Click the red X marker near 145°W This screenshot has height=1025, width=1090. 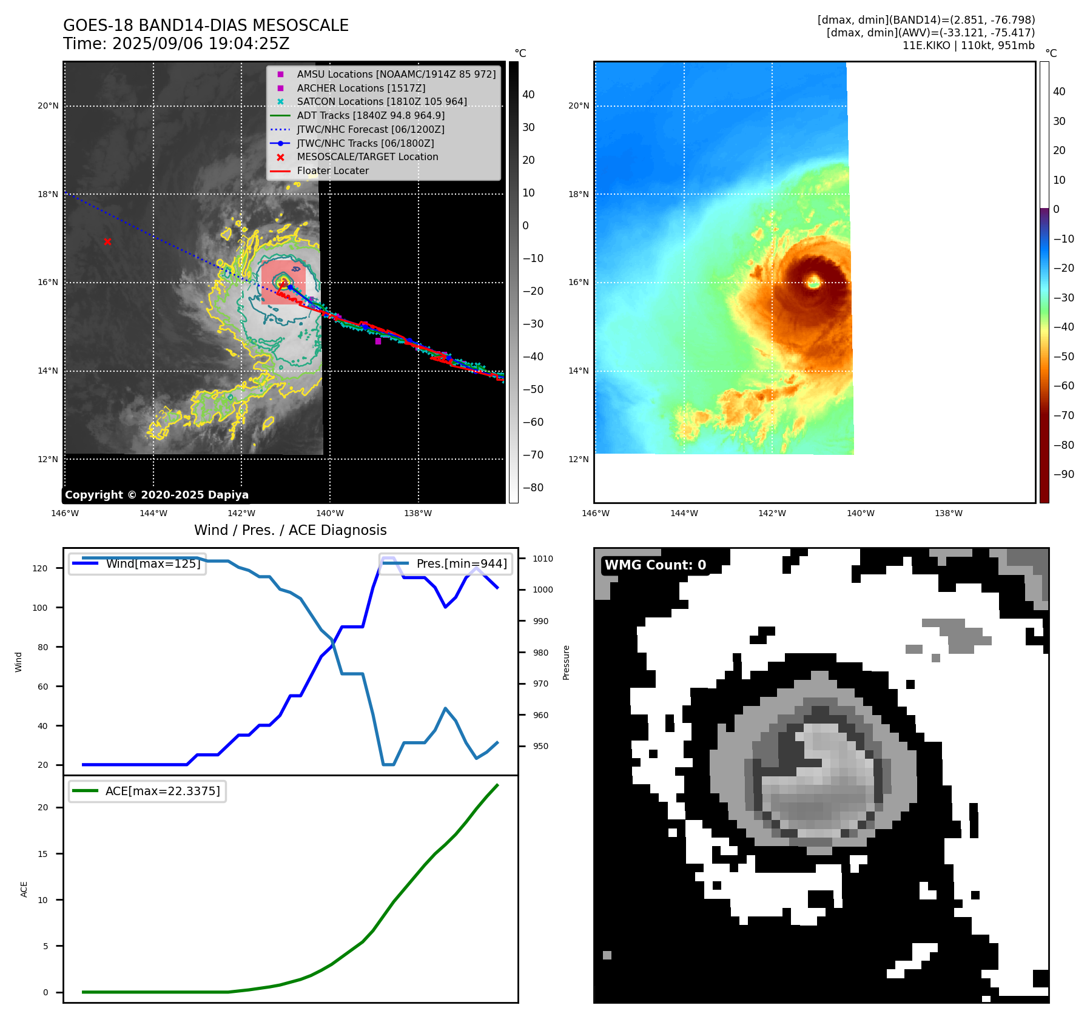[x=107, y=241]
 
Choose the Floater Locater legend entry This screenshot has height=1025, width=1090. [x=332, y=170]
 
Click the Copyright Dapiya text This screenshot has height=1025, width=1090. [x=156, y=495]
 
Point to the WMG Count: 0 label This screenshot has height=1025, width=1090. [x=655, y=565]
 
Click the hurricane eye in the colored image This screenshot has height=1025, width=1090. [x=813, y=281]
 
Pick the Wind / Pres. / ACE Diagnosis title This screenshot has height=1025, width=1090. [x=290, y=530]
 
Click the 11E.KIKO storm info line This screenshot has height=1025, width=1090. [x=968, y=45]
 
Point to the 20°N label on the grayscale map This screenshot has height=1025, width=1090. [x=48, y=106]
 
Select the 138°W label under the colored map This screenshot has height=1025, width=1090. [x=948, y=513]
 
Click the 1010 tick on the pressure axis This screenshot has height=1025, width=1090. [x=543, y=559]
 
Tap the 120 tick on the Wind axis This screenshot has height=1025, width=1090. [x=40, y=568]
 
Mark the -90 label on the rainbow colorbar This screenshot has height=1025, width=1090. [x=1063, y=474]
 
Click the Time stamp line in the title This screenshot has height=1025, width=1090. [x=176, y=44]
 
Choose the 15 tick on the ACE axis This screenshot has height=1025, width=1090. [x=43, y=854]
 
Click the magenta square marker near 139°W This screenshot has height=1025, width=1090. [x=378, y=341]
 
